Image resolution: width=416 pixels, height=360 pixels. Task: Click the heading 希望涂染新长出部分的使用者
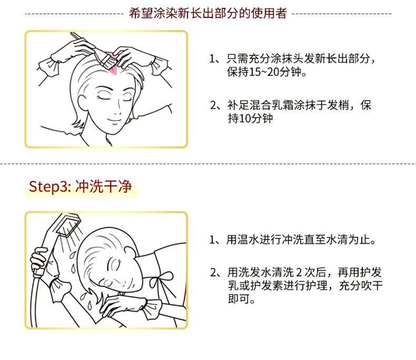[208, 13]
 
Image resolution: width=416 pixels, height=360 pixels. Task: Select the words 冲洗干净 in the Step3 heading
[104, 186]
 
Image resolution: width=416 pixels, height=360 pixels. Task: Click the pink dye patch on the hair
[113, 67]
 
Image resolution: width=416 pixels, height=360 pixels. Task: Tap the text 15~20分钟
[275, 72]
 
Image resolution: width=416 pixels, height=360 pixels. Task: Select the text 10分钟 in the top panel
[256, 118]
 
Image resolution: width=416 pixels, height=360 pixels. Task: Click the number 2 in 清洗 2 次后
[299, 272]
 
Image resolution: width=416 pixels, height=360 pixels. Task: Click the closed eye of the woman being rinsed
[116, 265]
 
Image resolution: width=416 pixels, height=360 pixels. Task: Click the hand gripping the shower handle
[40, 261]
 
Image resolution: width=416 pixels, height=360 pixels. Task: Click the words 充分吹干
[361, 286]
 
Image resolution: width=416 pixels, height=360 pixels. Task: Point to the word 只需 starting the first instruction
[237, 59]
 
